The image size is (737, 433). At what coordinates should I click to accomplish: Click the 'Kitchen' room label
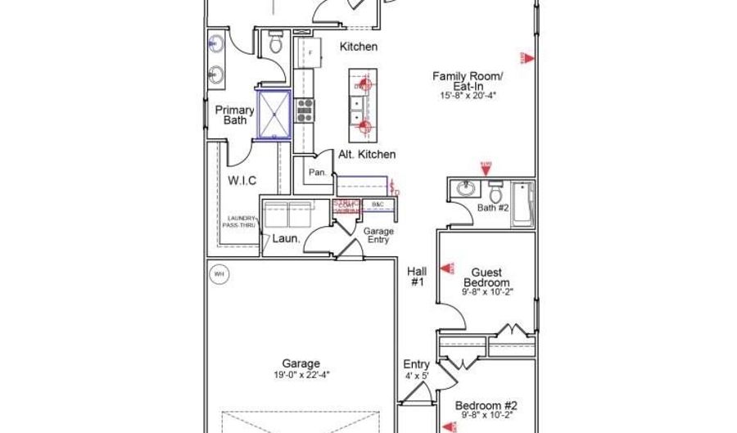coord(359,47)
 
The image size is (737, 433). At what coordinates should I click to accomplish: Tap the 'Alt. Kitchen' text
coord(367,154)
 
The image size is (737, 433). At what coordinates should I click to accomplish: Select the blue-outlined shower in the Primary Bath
coord(274,115)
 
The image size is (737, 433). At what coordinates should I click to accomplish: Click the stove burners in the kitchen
coord(305,110)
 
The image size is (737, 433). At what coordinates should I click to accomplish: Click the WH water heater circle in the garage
coord(219,274)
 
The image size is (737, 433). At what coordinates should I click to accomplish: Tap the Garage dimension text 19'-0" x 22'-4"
coord(301,375)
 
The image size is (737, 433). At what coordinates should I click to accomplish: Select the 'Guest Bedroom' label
coord(486,277)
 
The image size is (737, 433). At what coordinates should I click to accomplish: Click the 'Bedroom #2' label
coord(486,405)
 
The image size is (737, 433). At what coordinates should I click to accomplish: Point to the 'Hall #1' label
coord(416,277)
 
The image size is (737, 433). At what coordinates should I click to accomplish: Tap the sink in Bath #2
coord(468,189)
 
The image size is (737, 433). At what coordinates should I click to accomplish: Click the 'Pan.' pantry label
coord(318,173)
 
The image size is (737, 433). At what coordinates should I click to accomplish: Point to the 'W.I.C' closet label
coord(242,180)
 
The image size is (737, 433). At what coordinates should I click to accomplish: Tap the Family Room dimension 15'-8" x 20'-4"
coord(468,96)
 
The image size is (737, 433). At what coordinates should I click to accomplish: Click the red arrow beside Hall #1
coord(446,268)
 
